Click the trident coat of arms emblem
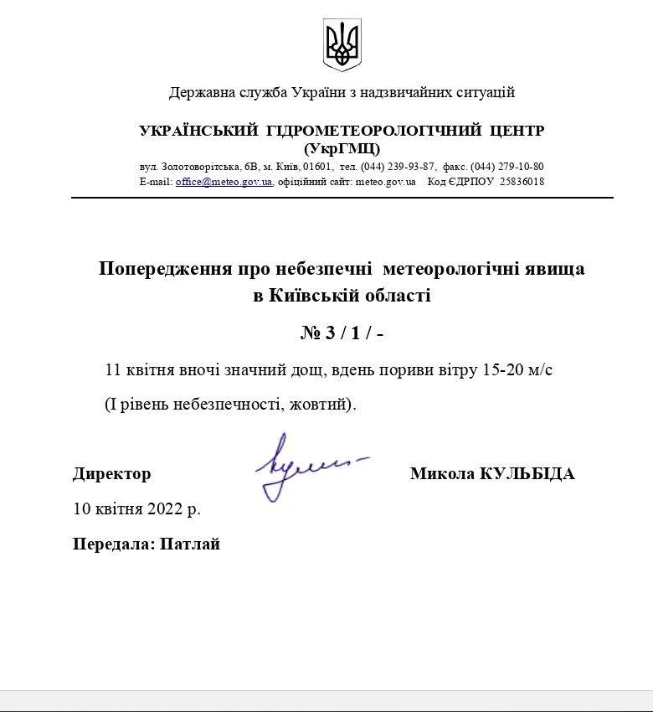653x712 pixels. point(342,45)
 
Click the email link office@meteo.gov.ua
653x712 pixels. point(224,182)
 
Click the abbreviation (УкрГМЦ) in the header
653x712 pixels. point(342,148)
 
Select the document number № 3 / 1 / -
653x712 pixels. point(342,333)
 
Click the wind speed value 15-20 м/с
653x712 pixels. point(518,369)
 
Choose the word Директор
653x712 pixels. point(112,474)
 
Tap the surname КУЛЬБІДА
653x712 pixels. point(527,474)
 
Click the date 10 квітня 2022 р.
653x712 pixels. point(137,508)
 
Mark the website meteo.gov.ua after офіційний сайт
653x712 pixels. point(386,182)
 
